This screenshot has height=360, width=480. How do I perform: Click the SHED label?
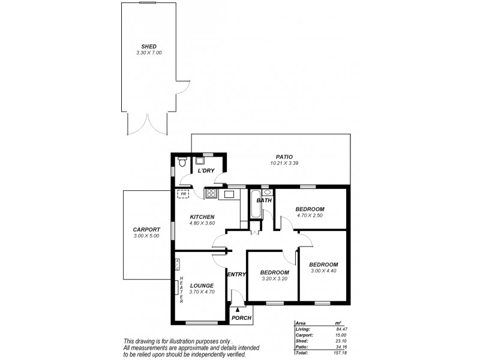[x=148, y=46]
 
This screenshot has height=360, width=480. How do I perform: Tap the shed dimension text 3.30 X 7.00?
[x=148, y=53]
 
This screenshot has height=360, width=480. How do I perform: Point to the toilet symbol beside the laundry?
[x=182, y=161]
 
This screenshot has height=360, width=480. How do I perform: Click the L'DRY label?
[x=206, y=171]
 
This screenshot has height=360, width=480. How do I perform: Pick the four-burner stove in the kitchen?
[x=211, y=193]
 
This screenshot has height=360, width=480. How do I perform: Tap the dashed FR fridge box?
[x=182, y=194]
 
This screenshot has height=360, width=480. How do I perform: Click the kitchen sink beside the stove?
[x=229, y=194]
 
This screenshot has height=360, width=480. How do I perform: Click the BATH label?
[x=264, y=200]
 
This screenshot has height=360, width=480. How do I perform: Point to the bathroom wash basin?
[x=267, y=193]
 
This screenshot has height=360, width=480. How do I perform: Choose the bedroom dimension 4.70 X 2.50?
[x=310, y=215]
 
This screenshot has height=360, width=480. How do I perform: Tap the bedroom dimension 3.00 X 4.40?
[x=323, y=271]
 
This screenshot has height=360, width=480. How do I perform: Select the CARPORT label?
[x=146, y=230]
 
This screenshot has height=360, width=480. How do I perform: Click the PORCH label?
[x=241, y=318]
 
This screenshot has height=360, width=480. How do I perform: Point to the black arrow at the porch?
[x=237, y=308]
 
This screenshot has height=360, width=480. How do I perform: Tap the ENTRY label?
[x=236, y=274]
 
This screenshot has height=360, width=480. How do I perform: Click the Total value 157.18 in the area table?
[x=343, y=353]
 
